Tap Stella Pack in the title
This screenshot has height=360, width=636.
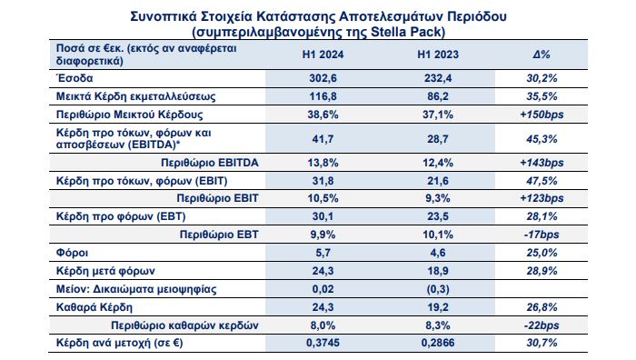(407, 31)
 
